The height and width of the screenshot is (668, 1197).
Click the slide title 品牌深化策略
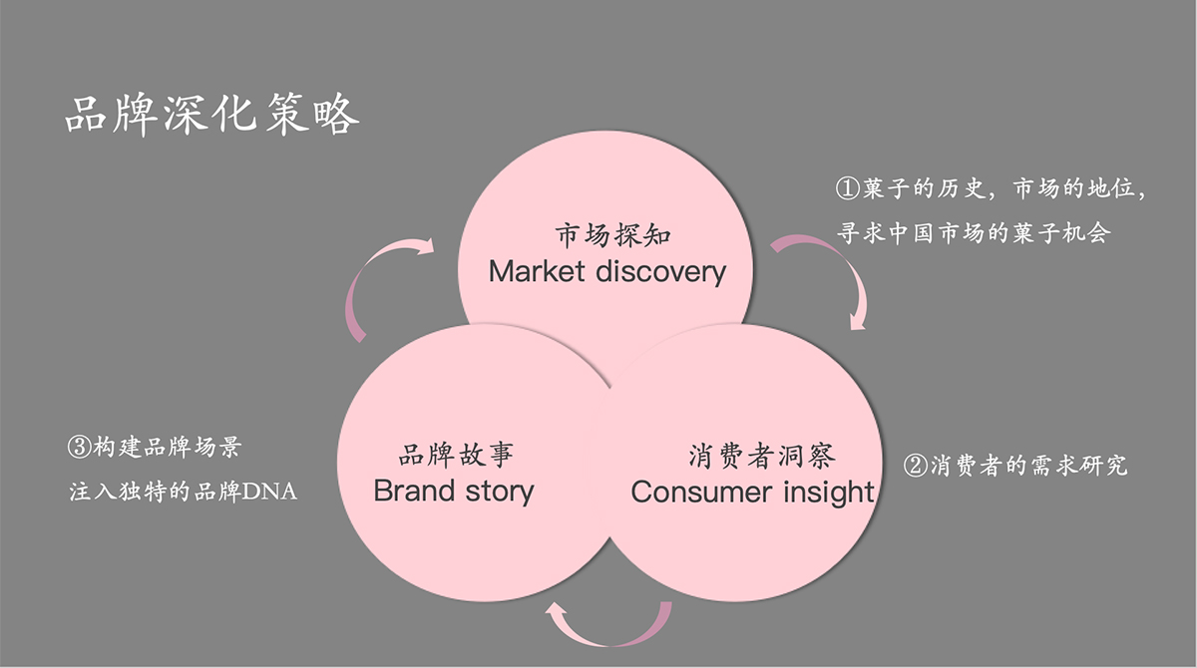click(211, 116)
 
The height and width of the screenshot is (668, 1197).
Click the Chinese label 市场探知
click(612, 236)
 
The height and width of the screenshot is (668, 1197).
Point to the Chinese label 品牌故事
click(456, 457)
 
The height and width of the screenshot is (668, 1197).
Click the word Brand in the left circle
click(413, 491)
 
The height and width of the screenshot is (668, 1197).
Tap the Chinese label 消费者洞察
click(762, 457)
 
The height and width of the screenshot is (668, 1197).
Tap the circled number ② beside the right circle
click(915, 466)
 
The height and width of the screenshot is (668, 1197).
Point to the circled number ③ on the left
click(80, 448)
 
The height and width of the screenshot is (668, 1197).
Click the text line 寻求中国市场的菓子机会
click(974, 234)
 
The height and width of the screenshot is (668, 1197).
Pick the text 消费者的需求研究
click(1027, 466)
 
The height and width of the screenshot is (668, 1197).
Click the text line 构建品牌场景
click(166, 448)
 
